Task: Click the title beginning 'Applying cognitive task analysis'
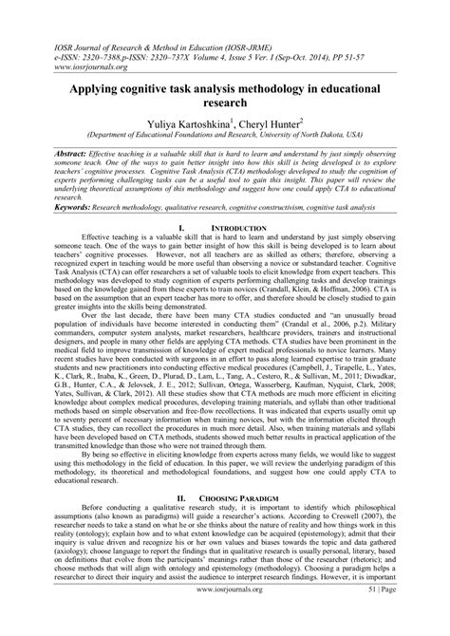coord(224,95)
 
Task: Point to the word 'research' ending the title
coord(224,103)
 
